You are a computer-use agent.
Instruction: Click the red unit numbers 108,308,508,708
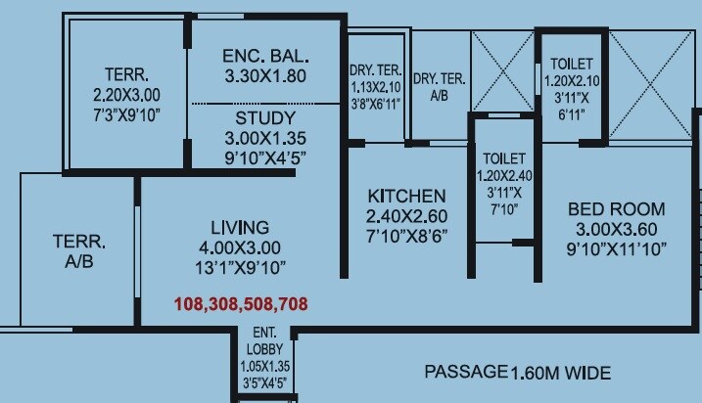pyautogui.click(x=241, y=304)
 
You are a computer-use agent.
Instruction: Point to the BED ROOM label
pyautogui.click(x=616, y=208)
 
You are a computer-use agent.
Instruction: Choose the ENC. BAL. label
pyautogui.click(x=253, y=55)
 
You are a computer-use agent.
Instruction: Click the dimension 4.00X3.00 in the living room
pyautogui.click(x=239, y=246)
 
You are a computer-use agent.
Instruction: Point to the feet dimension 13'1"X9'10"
pyautogui.click(x=239, y=266)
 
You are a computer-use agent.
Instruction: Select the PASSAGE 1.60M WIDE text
pyautogui.click(x=517, y=373)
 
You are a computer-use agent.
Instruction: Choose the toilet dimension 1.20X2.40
pyautogui.click(x=504, y=176)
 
